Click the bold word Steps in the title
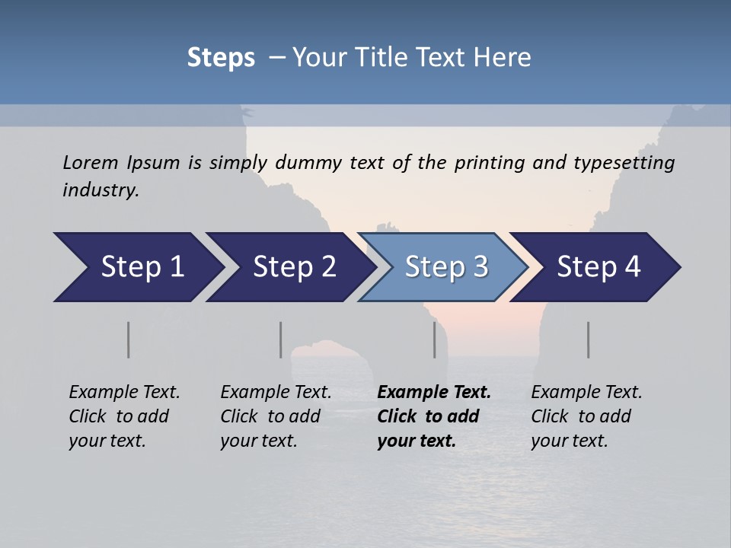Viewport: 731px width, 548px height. click(x=221, y=58)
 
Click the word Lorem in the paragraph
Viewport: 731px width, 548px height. click(x=91, y=162)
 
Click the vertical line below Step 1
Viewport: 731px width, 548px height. click(x=129, y=339)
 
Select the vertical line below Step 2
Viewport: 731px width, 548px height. click(x=281, y=339)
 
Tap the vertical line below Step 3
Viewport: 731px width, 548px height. click(x=435, y=339)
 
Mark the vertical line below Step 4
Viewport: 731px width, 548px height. click(x=589, y=339)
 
